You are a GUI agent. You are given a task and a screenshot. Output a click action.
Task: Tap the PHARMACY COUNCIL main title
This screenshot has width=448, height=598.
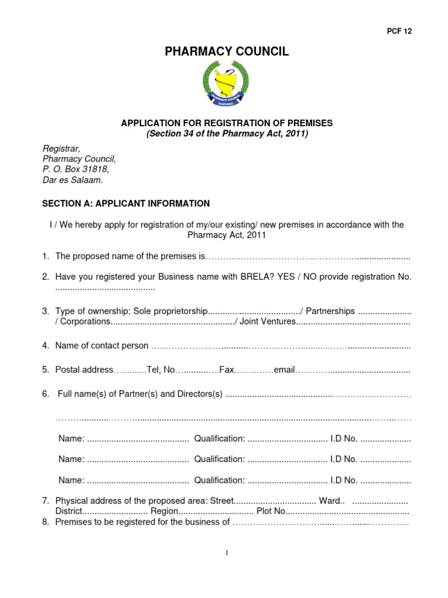point(226,52)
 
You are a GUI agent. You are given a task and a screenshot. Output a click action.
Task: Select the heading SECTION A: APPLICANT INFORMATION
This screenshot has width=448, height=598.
point(125,204)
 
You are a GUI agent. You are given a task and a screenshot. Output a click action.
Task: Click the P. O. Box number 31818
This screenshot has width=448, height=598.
point(96,169)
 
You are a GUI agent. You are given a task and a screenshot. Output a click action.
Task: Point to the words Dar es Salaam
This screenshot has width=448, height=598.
point(73,180)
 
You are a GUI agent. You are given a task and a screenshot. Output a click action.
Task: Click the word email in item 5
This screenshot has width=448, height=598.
point(285,370)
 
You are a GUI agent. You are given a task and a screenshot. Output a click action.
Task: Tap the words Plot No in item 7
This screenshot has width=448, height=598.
point(271,512)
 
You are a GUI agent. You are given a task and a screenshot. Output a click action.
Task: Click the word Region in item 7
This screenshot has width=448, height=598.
point(163,512)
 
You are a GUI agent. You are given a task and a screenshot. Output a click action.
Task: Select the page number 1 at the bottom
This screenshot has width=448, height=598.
point(226,554)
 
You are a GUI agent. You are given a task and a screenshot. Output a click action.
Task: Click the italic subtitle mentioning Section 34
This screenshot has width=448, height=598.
point(226,134)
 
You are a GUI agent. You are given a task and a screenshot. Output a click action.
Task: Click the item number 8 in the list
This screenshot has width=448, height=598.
point(45,522)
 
